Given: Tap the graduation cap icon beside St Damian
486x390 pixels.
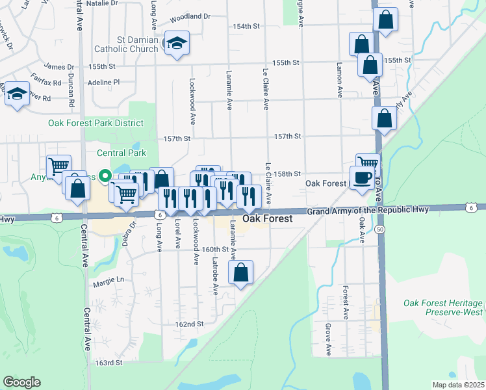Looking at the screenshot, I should (177, 43).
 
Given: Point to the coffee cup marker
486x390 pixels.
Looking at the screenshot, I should (362, 177).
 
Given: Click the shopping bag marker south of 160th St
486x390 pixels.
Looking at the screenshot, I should (241, 274).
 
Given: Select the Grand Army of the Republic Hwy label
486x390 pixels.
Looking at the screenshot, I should (368, 211).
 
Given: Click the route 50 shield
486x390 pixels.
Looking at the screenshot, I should (379, 230).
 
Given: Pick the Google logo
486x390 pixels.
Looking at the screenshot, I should (21, 382).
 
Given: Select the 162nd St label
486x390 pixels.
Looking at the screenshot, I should (189, 324).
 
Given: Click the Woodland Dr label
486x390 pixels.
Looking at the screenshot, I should (190, 16).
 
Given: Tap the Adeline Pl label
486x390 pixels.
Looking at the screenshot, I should (107, 83).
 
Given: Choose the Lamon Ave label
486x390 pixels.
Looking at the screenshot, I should (339, 79).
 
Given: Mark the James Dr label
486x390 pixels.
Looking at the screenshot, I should (59, 66).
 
